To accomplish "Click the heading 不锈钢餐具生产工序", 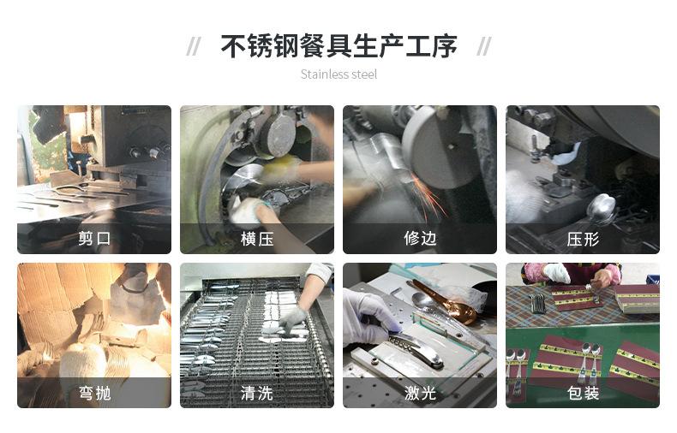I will click(338, 45).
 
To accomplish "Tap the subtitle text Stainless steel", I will click(338, 74).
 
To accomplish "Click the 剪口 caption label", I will click(94, 239).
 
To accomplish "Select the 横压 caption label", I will click(257, 239).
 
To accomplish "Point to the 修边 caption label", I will click(420, 239).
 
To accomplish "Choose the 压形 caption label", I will click(583, 239).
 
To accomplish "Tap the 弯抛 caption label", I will click(94, 394).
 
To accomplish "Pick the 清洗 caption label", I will click(257, 394).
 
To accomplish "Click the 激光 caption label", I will click(420, 394).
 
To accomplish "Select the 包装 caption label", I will click(583, 394).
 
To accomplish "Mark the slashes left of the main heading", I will click(194, 46).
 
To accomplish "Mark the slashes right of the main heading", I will click(484, 46).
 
